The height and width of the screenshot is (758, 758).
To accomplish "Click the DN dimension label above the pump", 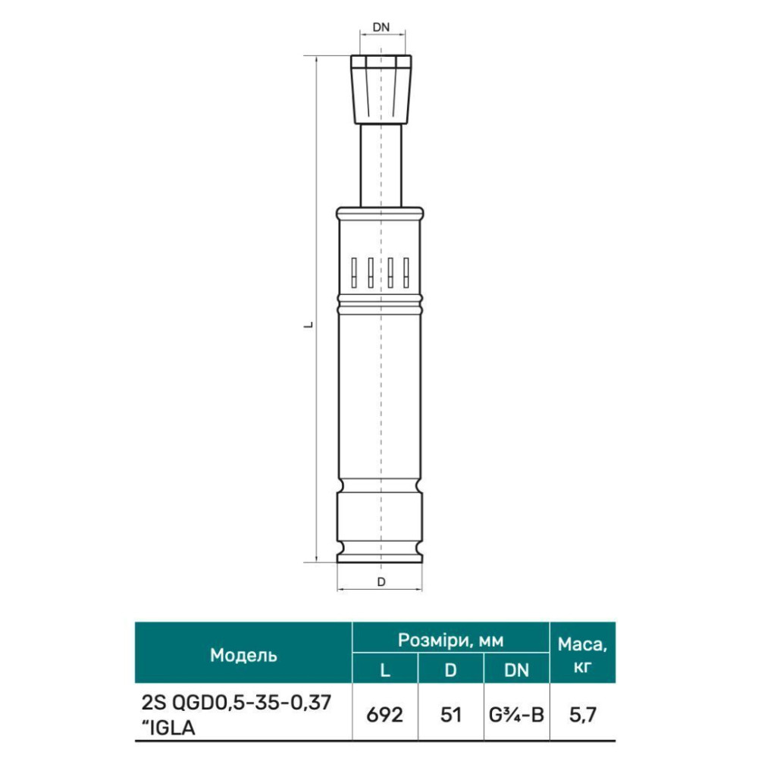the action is [381, 27].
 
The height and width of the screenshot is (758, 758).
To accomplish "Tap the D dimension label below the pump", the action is [381, 582].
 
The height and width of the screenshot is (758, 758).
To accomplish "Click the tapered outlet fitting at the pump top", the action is [381, 89].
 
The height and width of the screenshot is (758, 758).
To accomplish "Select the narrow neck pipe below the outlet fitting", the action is [381, 166].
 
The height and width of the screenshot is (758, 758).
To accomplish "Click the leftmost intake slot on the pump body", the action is [354, 273].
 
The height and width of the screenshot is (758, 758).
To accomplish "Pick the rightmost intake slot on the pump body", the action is [406, 273].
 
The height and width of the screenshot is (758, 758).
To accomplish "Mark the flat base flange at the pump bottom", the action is [380, 559].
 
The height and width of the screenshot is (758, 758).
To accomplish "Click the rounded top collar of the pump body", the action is [380, 213].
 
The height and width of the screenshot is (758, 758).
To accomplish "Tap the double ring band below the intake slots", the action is [380, 304].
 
